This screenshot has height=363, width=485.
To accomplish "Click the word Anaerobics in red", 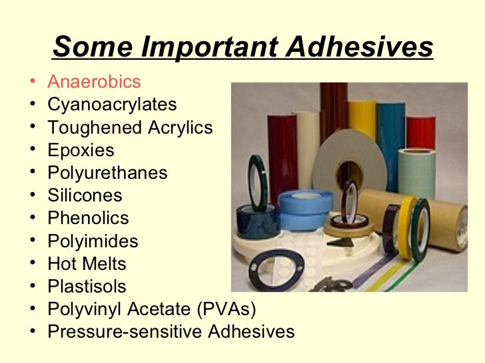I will (x=94, y=82).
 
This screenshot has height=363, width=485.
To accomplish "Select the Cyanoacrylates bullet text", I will (x=112, y=104).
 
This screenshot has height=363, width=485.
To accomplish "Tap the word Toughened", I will (x=92, y=128).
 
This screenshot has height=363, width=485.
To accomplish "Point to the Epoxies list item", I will (x=81, y=150).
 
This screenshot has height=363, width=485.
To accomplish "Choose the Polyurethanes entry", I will (x=107, y=173).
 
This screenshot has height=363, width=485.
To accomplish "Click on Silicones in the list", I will (x=85, y=195).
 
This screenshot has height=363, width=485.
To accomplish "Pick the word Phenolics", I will (x=88, y=218).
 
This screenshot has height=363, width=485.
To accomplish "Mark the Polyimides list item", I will (x=93, y=241).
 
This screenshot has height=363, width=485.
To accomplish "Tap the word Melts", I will (x=104, y=263).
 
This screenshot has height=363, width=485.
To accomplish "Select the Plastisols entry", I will (x=87, y=287).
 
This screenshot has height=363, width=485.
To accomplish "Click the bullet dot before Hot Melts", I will (x=33, y=264).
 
